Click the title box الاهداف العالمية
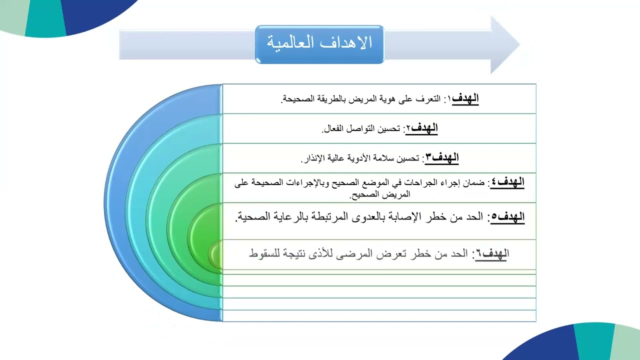tap(319, 44)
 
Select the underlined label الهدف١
tap(465, 98)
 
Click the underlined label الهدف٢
tap(424, 128)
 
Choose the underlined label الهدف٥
tap(507, 217)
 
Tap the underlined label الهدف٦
tap(492, 254)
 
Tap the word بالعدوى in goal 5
tap(374, 217)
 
